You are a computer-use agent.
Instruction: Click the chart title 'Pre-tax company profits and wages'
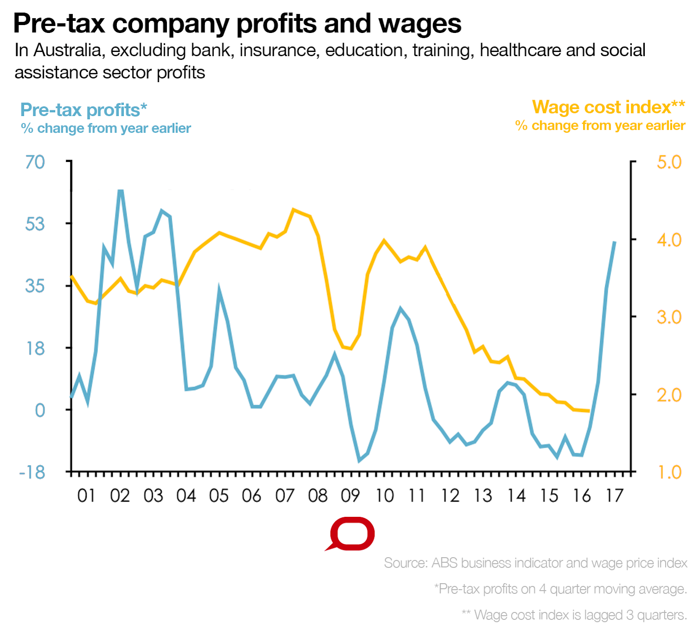[x=237, y=23]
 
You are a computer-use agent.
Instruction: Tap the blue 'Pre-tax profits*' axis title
[x=83, y=110]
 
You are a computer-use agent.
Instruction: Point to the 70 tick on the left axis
[x=35, y=162]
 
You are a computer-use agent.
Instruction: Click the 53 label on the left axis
[x=35, y=224]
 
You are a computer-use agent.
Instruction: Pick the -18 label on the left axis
[x=32, y=472]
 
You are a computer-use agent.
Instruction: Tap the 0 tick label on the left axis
[x=40, y=410]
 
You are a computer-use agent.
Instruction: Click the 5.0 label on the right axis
[x=669, y=162]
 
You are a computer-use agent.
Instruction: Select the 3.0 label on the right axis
[x=669, y=317]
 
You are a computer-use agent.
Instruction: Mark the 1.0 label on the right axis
[x=669, y=472]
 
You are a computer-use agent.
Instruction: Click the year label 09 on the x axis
[x=350, y=496]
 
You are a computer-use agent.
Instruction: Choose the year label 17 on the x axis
[x=615, y=496]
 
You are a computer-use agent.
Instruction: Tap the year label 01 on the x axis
[x=86, y=496]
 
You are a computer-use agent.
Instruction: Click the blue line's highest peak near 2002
[x=121, y=191]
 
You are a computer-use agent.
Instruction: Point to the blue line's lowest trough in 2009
[x=359, y=460]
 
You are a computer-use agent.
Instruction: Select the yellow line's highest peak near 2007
[x=293, y=210]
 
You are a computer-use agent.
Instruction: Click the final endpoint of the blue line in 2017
[x=615, y=242]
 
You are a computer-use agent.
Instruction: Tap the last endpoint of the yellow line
[x=589, y=411]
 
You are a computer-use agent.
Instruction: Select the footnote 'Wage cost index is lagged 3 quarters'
[x=574, y=615]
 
